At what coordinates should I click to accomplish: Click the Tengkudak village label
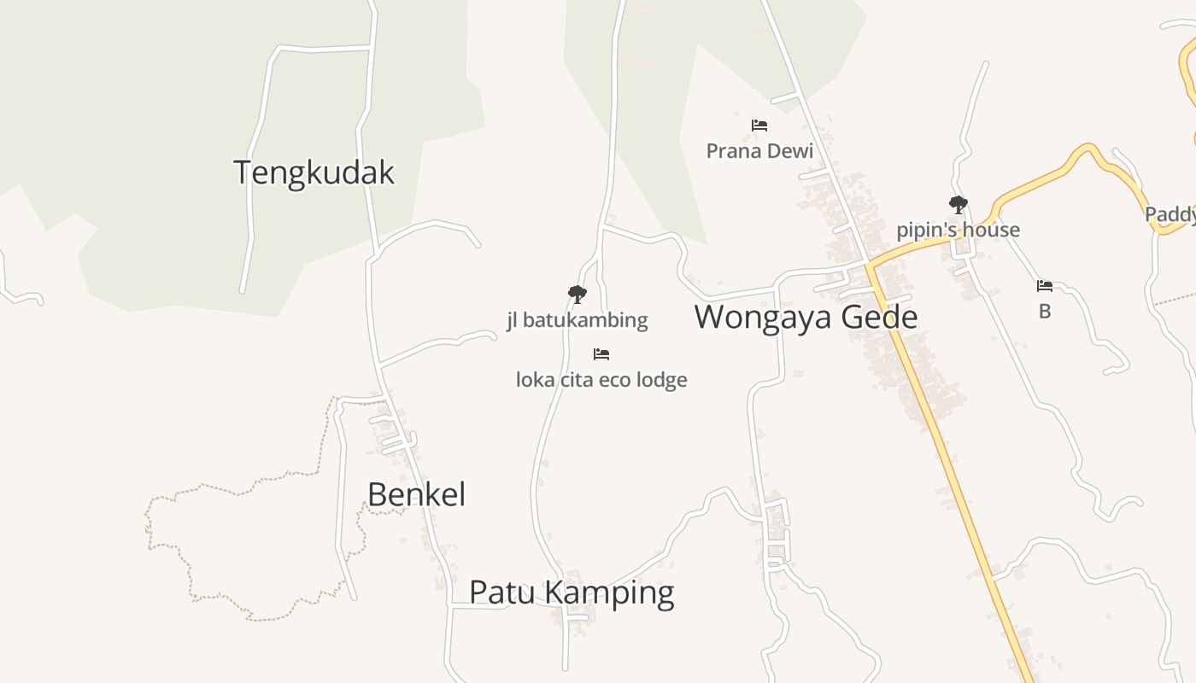(314, 172)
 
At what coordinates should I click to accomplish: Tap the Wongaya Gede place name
(806, 317)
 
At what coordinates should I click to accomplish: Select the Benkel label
(416, 494)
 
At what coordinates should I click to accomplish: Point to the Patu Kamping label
(572, 592)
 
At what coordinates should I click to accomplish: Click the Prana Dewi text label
(759, 151)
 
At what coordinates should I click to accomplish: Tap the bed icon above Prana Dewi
(759, 126)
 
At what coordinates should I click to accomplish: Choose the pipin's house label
(958, 230)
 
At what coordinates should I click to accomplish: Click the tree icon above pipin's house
(958, 205)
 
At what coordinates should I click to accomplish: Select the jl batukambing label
(577, 320)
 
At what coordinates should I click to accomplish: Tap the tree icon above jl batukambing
(577, 295)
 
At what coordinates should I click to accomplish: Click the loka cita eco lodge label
(601, 379)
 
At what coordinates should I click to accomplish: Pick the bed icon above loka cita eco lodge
(601, 353)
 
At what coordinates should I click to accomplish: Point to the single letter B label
(1044, 312)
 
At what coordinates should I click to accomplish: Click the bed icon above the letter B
(1044, 285)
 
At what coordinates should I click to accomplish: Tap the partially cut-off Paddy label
(1170, 215)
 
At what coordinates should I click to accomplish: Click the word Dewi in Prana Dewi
(790, 151)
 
